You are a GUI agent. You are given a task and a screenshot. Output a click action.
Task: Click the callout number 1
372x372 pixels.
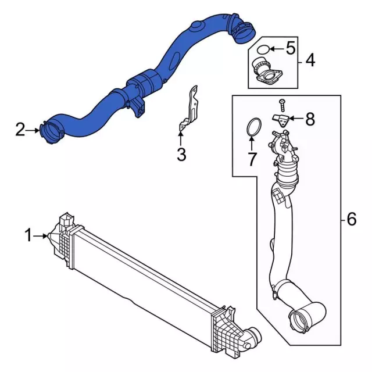(28, 235)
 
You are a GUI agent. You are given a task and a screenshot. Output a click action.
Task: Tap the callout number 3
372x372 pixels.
(181, 155)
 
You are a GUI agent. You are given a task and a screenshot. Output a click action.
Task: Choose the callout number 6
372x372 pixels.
(350, 219)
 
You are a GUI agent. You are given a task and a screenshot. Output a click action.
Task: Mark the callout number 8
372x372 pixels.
(310, 120)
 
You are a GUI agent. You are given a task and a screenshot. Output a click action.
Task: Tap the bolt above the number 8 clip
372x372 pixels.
(282, 105)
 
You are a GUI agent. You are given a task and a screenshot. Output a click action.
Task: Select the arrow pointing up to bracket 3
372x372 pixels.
(181, 138)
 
